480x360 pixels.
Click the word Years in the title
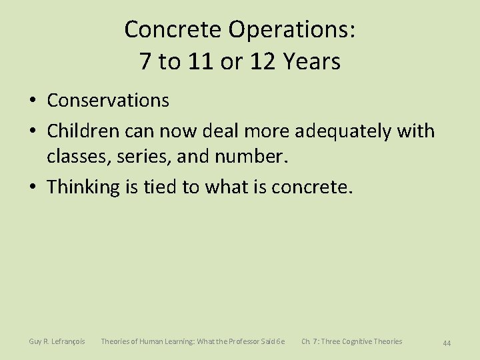[x=311, y=62]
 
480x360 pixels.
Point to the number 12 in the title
[x=259, y=62]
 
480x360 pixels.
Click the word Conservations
[x=108, y=101]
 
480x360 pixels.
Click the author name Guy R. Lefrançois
[x=57, y=342]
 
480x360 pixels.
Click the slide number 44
[x=447, y=343]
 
